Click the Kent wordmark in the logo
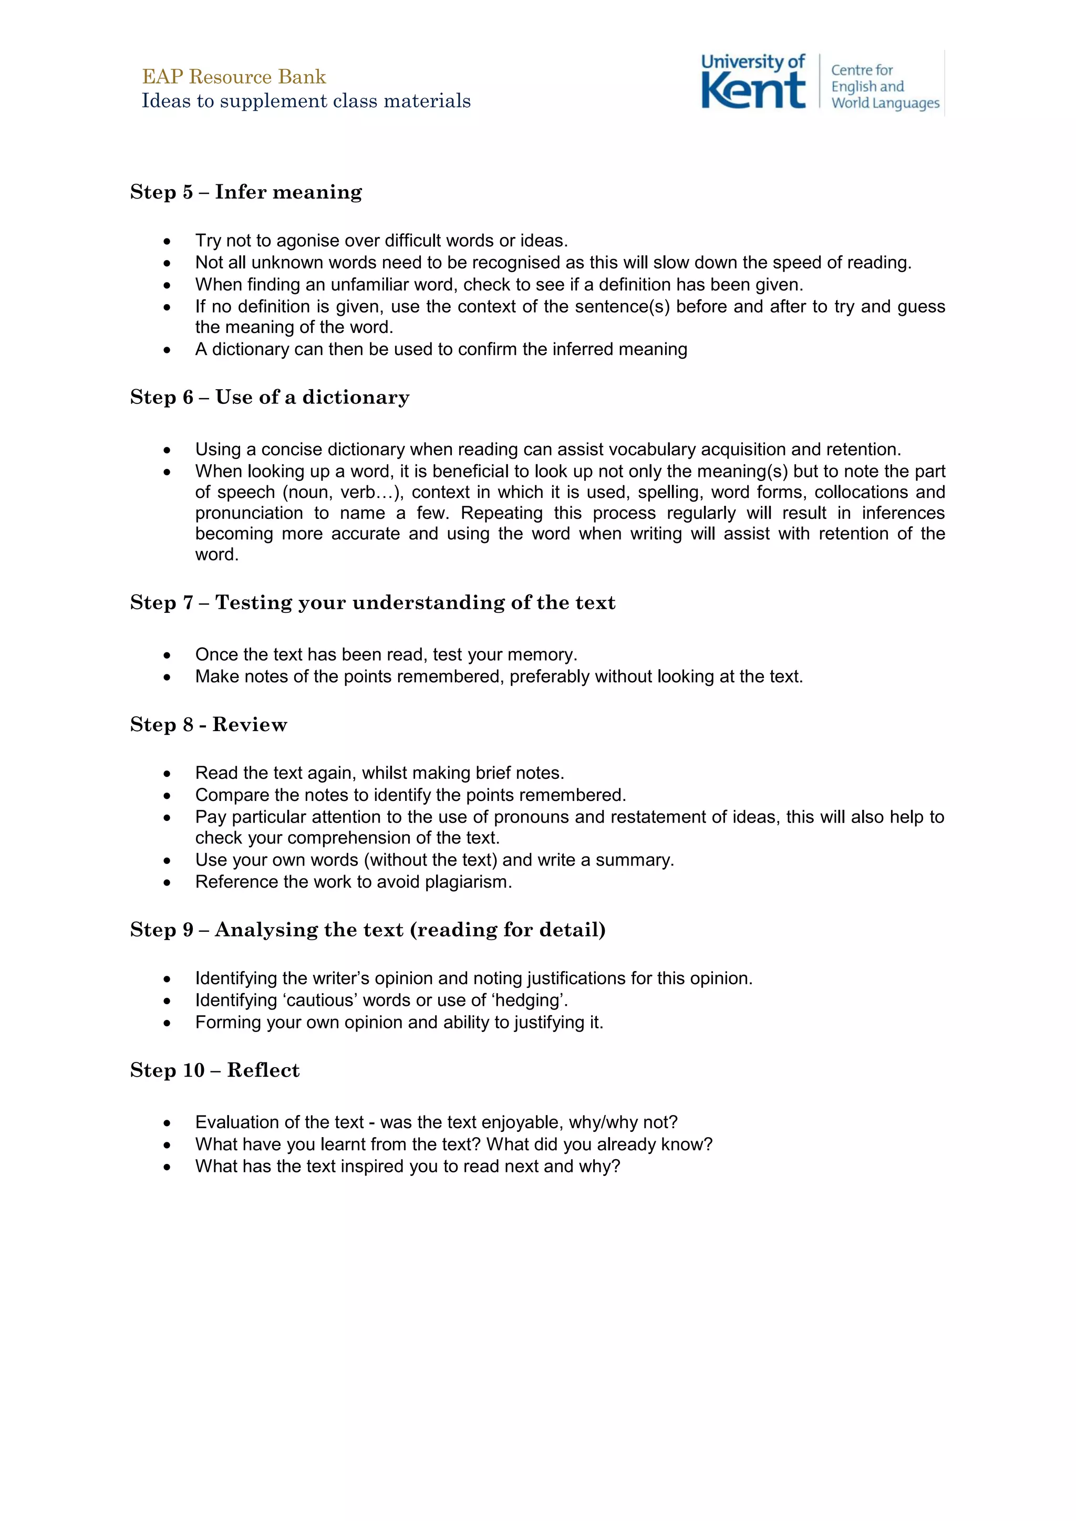point(753,91)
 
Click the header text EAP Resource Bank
point(234,77)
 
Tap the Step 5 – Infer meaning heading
point(246,192)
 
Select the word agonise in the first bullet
point(311,241)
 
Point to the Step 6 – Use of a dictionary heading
point(270,398)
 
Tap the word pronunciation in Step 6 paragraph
point(249,514)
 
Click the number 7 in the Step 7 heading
point(188,603)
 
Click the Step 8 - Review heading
point(209,725)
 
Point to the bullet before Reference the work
point(167,883)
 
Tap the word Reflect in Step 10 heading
point(263,1070)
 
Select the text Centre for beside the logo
point(861,70)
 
